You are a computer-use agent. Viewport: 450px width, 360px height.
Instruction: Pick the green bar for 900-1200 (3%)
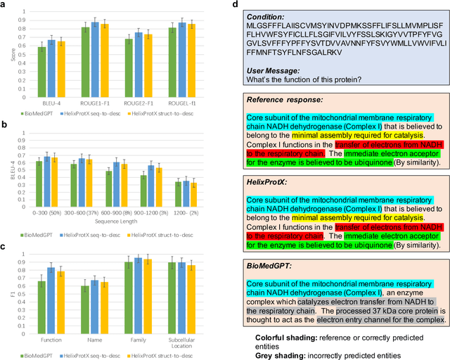(x=143, y=190)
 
